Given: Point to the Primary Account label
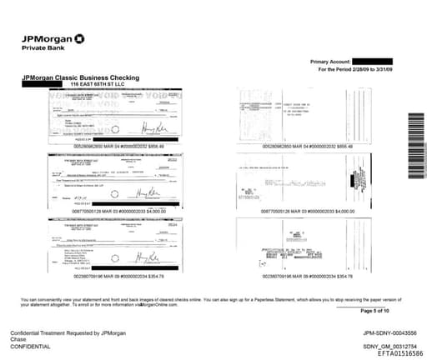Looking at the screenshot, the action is coord(330,62).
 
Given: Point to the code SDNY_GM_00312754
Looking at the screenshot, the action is coord(388,346).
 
